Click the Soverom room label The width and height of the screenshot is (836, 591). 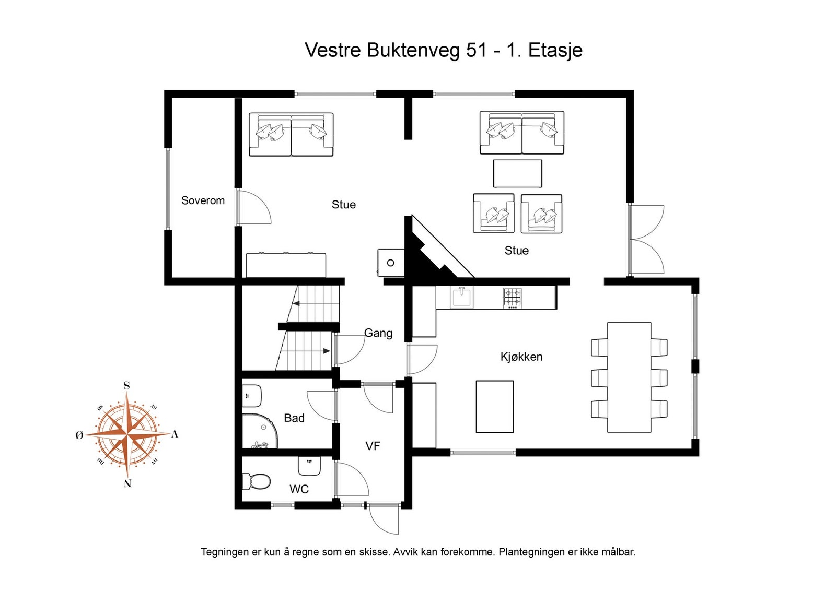(203, 200)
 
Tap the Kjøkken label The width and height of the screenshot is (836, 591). (521, 357)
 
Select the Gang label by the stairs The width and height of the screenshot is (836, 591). (378, 333)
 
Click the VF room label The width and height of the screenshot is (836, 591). (373, 446)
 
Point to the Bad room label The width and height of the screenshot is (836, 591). (294, 418)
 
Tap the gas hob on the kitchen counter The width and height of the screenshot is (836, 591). (512, 298)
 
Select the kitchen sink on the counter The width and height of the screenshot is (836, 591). (462, 297)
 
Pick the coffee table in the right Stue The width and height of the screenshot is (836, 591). (517, 173)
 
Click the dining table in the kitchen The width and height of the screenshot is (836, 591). (629, 377)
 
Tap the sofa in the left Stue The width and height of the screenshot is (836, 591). (291, 134)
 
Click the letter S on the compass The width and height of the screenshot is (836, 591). (126, 386)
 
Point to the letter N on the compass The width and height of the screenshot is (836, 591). (127, 483)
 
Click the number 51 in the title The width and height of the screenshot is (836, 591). (477, 50)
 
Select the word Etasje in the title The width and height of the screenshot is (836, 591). (555, 50)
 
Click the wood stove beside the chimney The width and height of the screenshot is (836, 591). (391, 262)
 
